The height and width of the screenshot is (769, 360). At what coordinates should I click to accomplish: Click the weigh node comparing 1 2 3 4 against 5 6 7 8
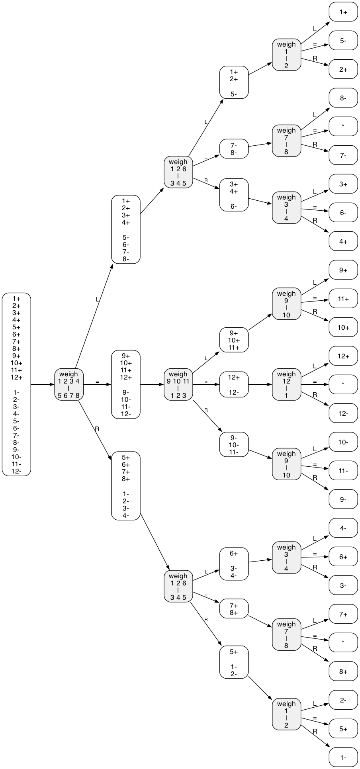point(69,384)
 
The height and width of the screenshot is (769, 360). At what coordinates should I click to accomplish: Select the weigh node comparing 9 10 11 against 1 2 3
point(178,384)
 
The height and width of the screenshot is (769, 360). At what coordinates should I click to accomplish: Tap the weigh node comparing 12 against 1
point(286,384)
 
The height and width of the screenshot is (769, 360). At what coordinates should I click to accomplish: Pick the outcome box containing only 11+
point(343,299)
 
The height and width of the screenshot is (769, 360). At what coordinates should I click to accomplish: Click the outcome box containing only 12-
point(343,413)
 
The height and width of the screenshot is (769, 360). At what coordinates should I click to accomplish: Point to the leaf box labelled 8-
point(343,98)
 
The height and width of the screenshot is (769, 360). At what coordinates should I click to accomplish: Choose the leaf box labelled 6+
point(343,557)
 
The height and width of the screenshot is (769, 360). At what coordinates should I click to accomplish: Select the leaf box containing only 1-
point(343,757)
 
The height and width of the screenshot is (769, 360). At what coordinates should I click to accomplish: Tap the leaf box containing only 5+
point(343,729)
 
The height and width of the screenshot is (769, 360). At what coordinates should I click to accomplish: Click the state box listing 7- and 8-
point(234,149)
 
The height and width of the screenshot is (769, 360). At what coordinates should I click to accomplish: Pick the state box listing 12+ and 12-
point(234,384)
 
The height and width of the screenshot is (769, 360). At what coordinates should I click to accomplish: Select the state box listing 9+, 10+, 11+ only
point(234,340)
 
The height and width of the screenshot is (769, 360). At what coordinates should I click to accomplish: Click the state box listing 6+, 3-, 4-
point(234,564)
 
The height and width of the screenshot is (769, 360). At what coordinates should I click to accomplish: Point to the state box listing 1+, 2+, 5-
point(234,82)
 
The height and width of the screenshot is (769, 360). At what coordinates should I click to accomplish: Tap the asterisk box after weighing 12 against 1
point(343,384)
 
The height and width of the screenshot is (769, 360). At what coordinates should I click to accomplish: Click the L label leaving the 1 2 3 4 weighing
point(97,299)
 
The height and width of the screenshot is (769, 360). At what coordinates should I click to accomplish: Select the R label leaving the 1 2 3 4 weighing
point(97,429)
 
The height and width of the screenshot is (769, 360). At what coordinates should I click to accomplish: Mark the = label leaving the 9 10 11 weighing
point(206,382)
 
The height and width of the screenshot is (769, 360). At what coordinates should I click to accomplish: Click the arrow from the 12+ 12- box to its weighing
point(260,384)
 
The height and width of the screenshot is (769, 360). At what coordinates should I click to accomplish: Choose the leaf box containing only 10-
point(343,442)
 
